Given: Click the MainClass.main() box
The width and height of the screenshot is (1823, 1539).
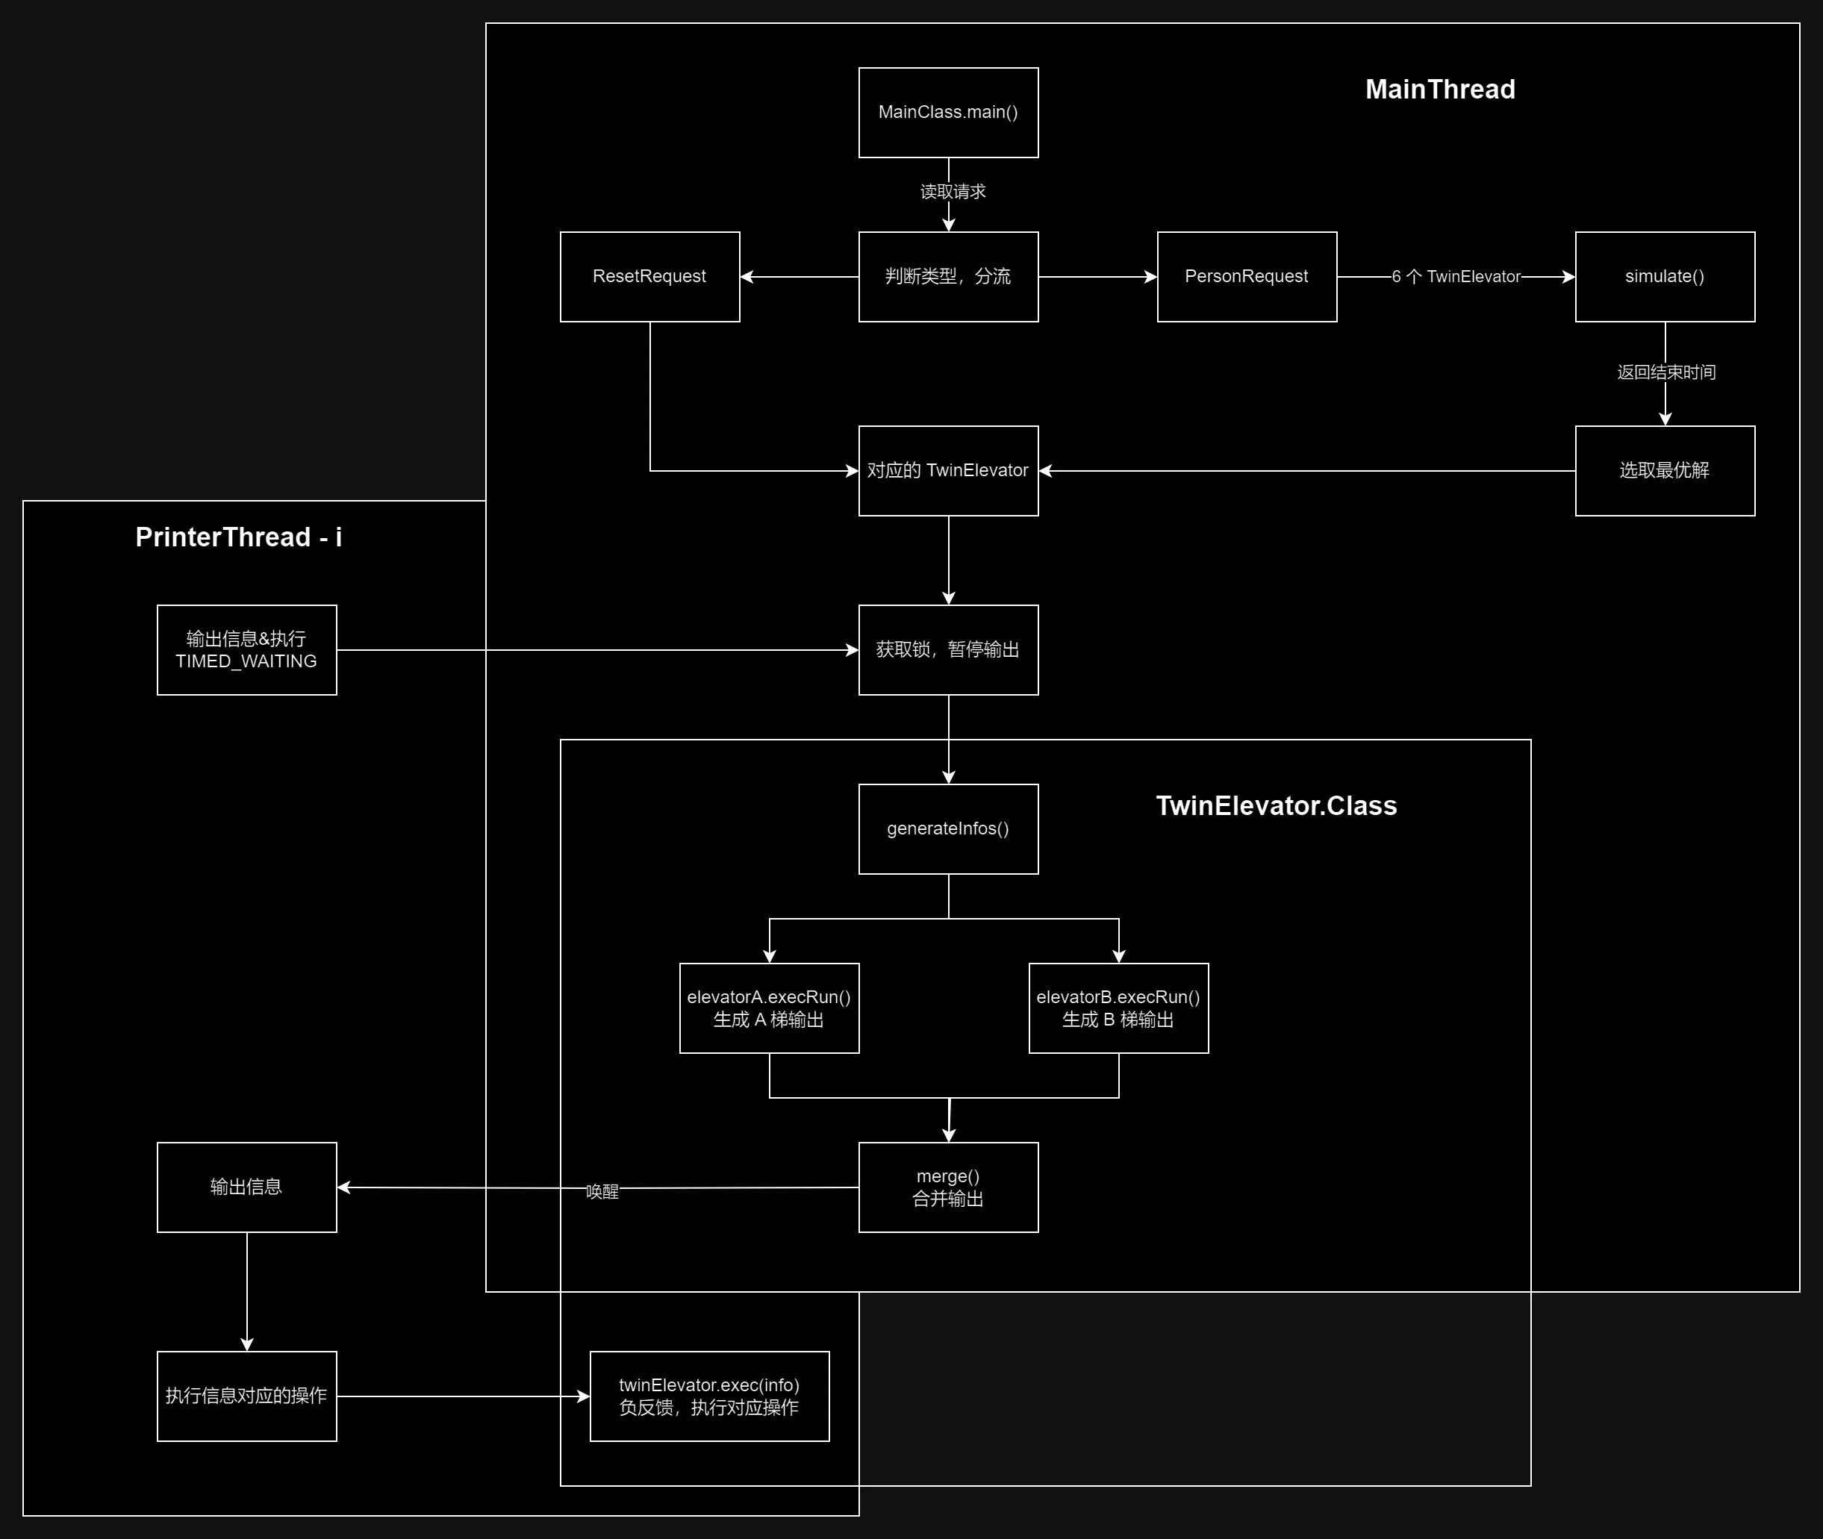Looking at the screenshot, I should (948, 113).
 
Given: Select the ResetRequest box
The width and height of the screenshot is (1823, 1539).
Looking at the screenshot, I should (649, 277).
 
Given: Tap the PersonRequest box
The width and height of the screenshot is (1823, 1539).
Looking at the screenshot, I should (1246, 277).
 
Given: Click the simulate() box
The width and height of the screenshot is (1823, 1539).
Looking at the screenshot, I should (1664, 277).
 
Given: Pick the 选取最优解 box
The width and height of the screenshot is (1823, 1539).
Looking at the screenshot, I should (1664, 471).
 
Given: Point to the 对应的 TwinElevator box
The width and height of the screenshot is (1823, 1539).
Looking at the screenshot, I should (948, 471).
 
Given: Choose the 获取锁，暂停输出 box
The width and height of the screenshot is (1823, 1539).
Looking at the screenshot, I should (948, 650).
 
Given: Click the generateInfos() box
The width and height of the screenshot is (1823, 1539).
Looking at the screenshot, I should (948, 828).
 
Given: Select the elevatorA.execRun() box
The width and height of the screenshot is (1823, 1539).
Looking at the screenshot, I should (769, 1008).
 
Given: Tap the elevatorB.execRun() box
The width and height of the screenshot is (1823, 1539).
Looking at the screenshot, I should (1118, 1008).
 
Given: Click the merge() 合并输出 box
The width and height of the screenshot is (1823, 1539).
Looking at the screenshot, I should (948, 1187).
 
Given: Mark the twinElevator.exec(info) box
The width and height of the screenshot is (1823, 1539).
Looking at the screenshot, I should (708, 1396).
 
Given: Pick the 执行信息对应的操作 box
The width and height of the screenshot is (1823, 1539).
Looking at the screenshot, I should (246, 1396).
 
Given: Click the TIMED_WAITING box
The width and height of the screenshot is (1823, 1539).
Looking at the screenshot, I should (246, 650).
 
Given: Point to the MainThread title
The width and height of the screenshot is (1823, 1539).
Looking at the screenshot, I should (1440, 89).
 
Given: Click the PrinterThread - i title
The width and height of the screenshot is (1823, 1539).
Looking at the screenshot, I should (238, 537).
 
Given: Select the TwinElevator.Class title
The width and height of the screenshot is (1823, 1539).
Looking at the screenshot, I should (1276, 805).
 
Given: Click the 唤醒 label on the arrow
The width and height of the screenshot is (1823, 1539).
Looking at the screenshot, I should (601, 1192).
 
